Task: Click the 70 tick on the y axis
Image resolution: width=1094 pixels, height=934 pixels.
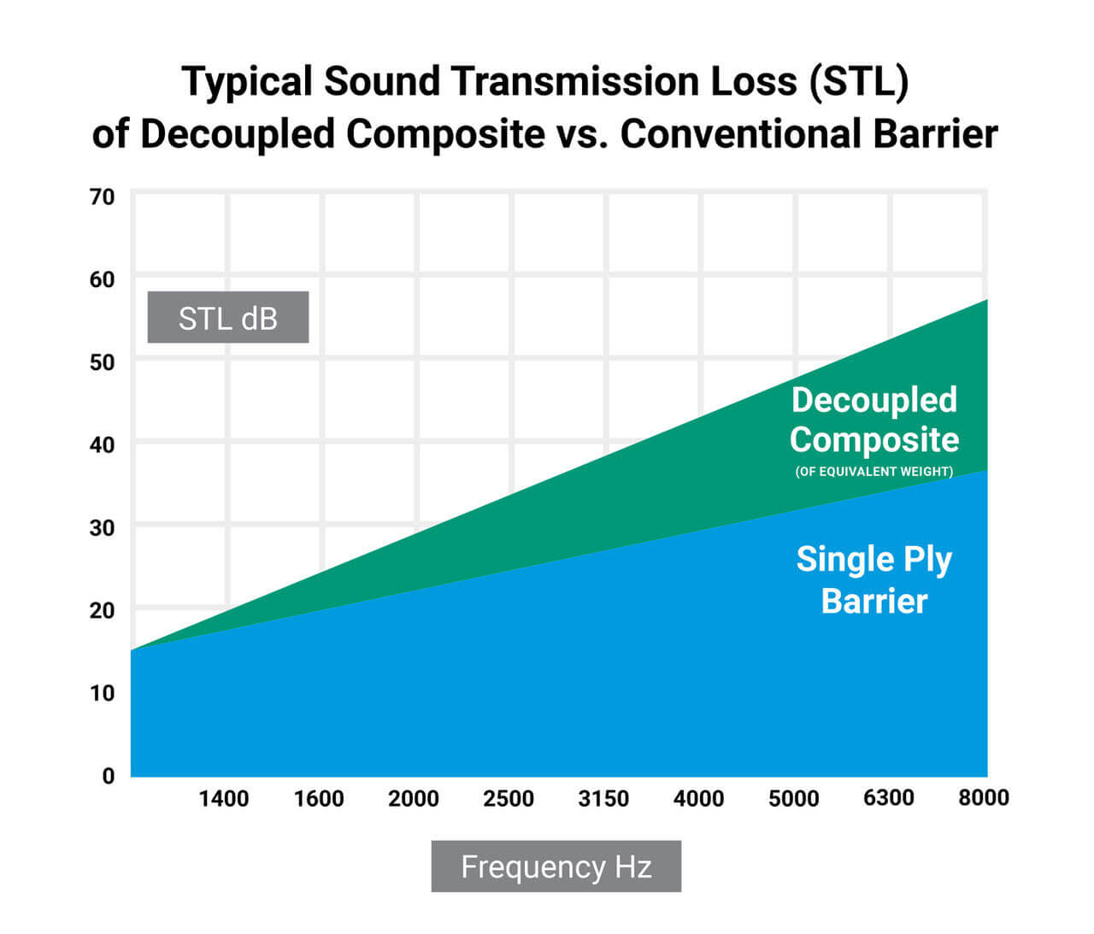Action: tap(102, 197)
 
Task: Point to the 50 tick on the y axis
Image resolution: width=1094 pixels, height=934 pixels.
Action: tap(102, 362)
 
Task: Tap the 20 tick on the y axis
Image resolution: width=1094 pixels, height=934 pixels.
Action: tap(102, 610)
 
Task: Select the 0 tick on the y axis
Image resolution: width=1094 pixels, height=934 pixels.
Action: tap(108, 776)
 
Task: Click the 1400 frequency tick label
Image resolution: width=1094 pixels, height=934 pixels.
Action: tap(224, 799)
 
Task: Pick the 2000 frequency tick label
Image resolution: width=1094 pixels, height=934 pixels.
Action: tap(414, 799)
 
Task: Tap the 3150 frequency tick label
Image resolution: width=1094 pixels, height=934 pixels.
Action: tap(603, 799)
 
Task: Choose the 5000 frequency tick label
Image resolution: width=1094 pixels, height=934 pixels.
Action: tap(793, 799)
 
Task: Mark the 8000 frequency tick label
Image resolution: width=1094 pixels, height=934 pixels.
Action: tap(983, 798)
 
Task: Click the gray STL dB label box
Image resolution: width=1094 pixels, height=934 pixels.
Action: tap(228, 318)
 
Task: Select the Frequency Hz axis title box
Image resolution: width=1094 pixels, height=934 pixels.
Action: tap(556, 866)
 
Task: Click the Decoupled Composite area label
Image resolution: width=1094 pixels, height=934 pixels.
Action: tap(873, 420)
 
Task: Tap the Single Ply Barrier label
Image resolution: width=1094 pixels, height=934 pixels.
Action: tap(873, 579)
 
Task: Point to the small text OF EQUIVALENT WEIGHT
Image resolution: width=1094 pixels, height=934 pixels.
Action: tap(873, 472)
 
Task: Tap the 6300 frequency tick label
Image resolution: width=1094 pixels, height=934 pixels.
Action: tap(889, 798)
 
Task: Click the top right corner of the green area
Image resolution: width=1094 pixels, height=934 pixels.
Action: tap(985, 302)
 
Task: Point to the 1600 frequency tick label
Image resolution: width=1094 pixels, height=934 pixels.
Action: tap(319, 799)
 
